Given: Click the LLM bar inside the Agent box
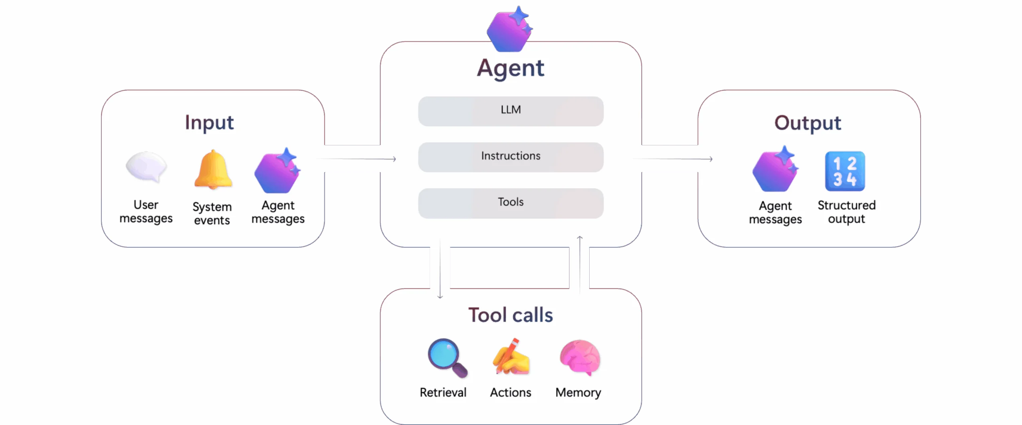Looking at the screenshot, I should click(x=511, y=111).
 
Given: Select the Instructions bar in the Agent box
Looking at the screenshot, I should click(x=511, y=157).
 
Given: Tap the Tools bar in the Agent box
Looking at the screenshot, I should click(x=511, y=203).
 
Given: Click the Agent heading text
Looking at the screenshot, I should click(x=510, y=68).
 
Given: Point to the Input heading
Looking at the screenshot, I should click(x=209, y=123).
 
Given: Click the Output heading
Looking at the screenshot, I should click(x=808, y=123).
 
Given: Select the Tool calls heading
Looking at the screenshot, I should click(x=511, y=315).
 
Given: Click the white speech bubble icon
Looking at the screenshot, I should click(x=146, y=167).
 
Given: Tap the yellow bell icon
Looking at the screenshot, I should click(x=213, y=170).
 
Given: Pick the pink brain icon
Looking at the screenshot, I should click(x=580, y=357).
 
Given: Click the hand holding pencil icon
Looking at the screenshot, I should click(x=511, y=357).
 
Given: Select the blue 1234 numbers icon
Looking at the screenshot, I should click(x=845, y=171).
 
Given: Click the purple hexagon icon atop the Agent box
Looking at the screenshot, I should click(x=509, y=30).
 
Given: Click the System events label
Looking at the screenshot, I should click(x=212, y=213).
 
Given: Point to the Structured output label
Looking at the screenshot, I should click(x=846, y=212).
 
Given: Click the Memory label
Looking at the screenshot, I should click(x=578, y=392).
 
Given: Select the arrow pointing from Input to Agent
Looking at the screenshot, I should click(x=359, y=159).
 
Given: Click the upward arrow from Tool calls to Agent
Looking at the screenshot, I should click(x=580, y=264).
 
